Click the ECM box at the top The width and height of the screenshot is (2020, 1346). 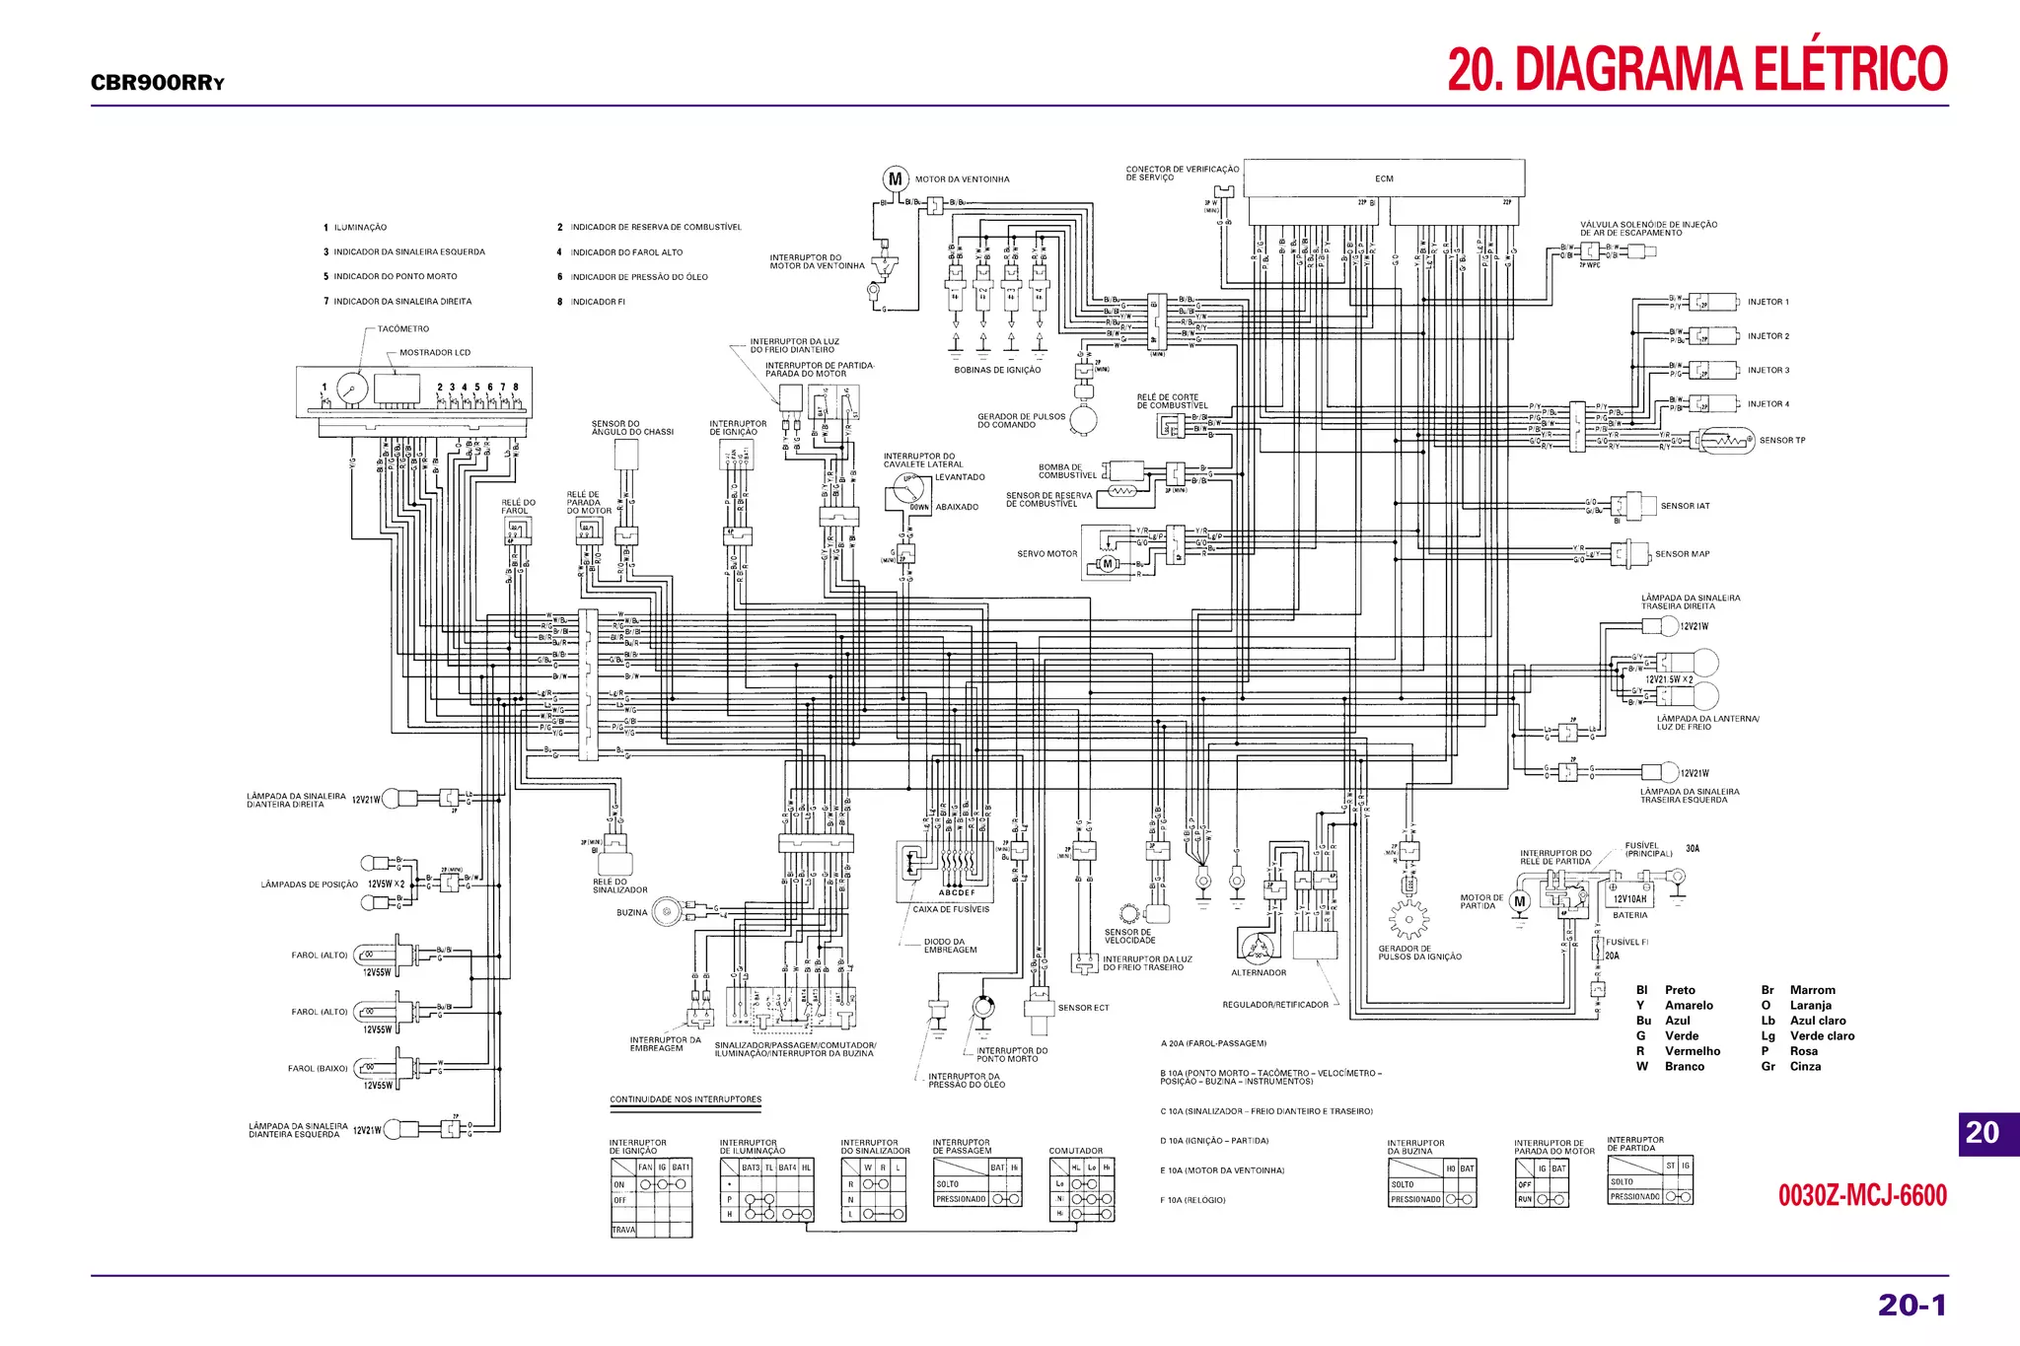[x=1384, y=178]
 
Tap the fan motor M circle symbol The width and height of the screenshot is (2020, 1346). [x=895, y=179]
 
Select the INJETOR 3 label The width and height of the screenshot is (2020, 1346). [x=1767, y=371]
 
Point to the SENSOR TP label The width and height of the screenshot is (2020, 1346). [x=1782, y=441]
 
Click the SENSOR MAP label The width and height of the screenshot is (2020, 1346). [x=1682, y=554]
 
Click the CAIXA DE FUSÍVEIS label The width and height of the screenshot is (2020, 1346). [x=951, y=909]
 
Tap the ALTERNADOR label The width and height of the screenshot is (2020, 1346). [x=1259, y=973]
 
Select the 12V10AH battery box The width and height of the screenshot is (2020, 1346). [x=1629, y=899]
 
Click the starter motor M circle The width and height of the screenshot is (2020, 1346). [x=1520, y=901]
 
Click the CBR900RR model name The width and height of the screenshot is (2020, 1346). [x=157, y=83]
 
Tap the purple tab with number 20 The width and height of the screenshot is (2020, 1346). [x=1984, y=1133]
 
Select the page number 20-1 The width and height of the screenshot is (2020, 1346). [x=1912, y=1305]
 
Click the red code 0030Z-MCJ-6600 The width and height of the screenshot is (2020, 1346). [x=1862, y=1196]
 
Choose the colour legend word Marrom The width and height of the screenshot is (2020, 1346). [x=1813, y=990]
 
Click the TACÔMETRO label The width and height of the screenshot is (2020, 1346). [x=403, y=329]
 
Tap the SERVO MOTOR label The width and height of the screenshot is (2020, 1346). [x=1046, y=554]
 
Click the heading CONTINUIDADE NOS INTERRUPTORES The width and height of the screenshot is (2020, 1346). [x=685, y=1099]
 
